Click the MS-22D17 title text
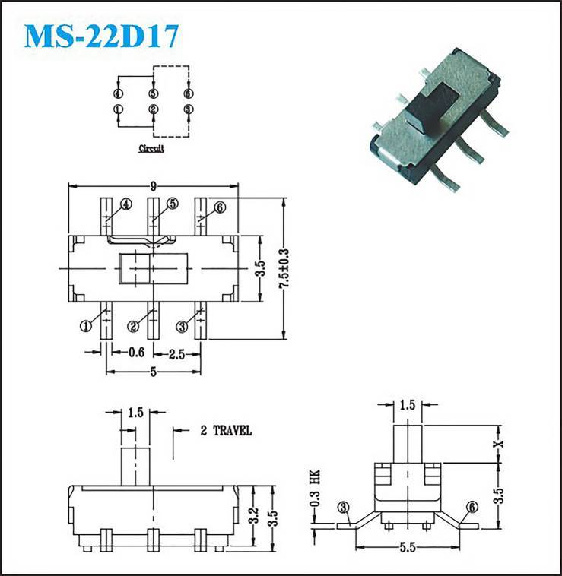pos(101,36)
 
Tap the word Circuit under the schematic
pos(151,149)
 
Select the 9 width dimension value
pos(154,187)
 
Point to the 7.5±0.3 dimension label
pos(284,269)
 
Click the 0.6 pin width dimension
pos(136,353)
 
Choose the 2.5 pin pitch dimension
pos(176,354)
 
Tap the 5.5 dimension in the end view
pos(408,548)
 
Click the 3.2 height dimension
pos(254,515)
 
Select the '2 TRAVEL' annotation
pos(226,431)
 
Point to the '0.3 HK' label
pos(315,488)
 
